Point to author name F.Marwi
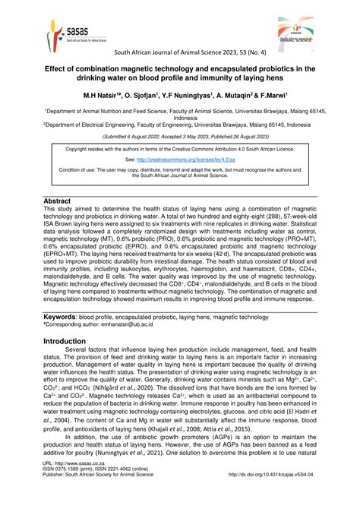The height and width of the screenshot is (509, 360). tap(283, 97)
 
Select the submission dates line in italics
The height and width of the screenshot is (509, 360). tap(180, 134)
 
